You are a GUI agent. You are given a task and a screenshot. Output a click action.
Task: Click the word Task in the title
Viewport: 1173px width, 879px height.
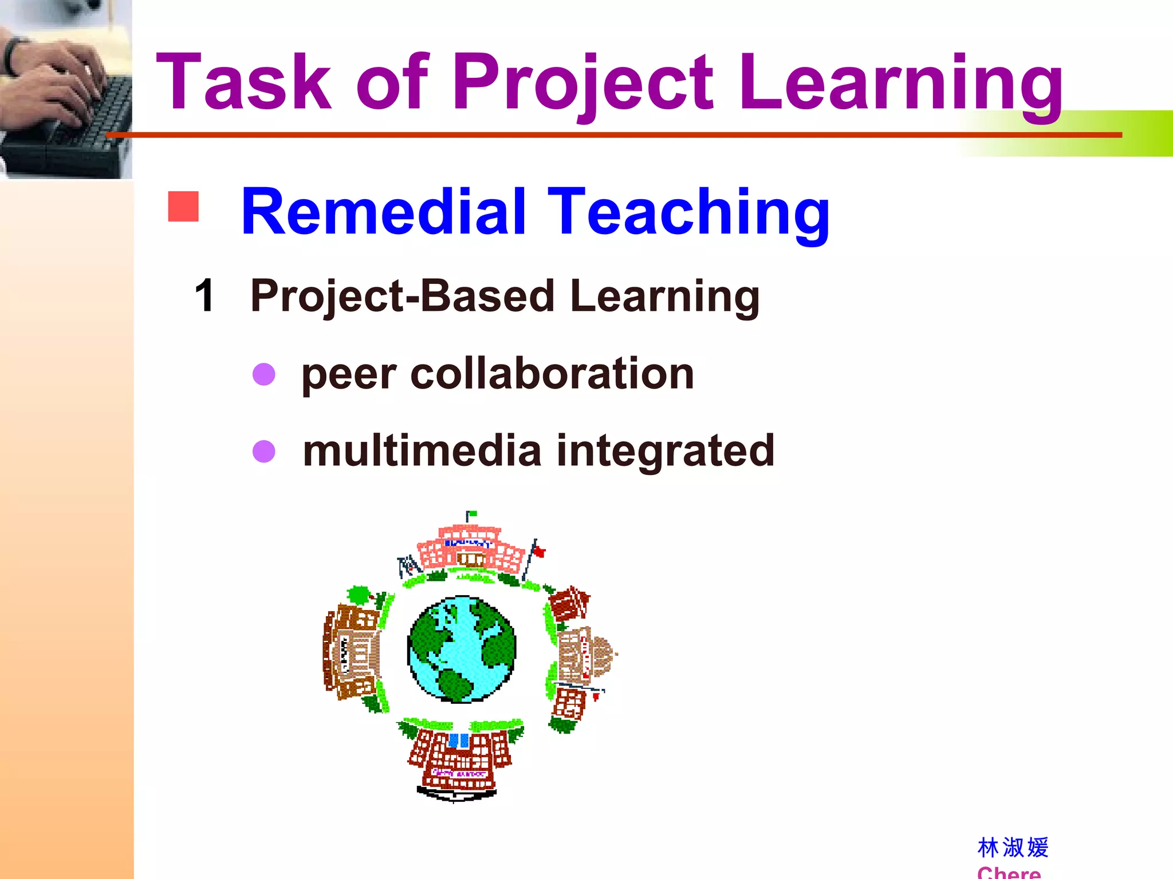click(x=243, y=82)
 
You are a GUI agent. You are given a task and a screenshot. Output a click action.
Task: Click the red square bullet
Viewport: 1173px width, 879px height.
click(x=183, y=207)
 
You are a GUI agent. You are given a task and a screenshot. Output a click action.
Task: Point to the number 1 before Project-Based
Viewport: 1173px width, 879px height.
click(x=204, y=296)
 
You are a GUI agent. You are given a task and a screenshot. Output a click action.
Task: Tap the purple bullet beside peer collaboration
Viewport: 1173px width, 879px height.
click(x=264, y=374)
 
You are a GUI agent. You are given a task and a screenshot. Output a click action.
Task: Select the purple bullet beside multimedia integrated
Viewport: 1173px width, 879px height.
click(x=264, y=451)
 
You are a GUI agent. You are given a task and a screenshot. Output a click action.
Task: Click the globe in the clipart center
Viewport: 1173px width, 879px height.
click(x=462, y=649)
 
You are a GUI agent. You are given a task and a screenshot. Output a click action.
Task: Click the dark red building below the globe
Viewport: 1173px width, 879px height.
click(x=458, y=758)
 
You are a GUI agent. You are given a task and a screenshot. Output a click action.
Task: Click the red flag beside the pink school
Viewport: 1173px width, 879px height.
click(x=538, y=552)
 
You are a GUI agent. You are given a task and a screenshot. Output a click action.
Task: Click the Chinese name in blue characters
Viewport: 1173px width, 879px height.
click(x=1013, y=848)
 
